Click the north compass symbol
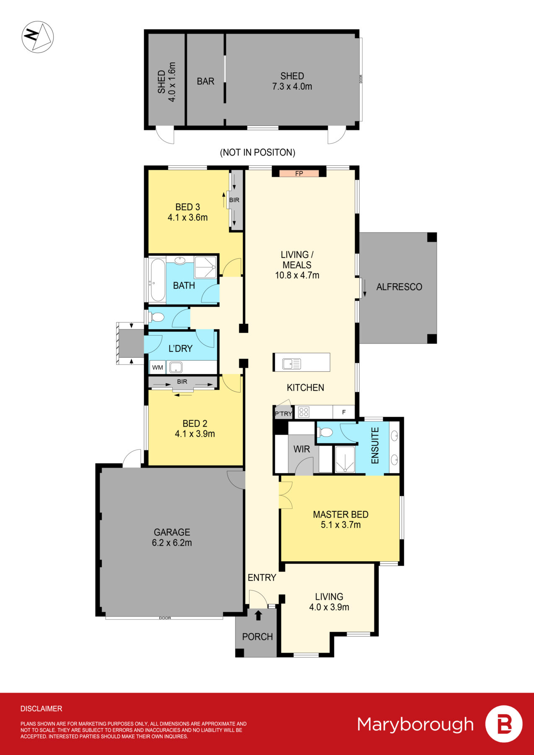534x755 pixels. coord(38,37)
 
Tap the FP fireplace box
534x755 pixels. coord(299,173)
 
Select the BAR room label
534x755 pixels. coord(205,81)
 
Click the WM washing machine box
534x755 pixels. coord(158,367)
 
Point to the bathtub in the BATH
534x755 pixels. coord(158,280)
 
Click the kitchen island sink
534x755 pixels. coord(292,364)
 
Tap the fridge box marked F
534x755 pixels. coord(344,412)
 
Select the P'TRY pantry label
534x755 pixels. coord(283,414)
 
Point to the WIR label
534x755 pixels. coord(301,449)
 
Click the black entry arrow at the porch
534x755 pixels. coord(258,615)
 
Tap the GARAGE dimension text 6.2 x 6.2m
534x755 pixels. coord(172,543)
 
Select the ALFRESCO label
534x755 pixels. coord(399,287)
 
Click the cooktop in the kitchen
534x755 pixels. coord(304,412)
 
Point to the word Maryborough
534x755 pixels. coord(415,724)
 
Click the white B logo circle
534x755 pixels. coord(504,724)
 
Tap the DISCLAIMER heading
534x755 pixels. coord(41,708)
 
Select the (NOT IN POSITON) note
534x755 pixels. coord(257,152)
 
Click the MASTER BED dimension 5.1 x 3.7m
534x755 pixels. coord(340,525)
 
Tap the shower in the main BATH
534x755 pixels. coord(205,267)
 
